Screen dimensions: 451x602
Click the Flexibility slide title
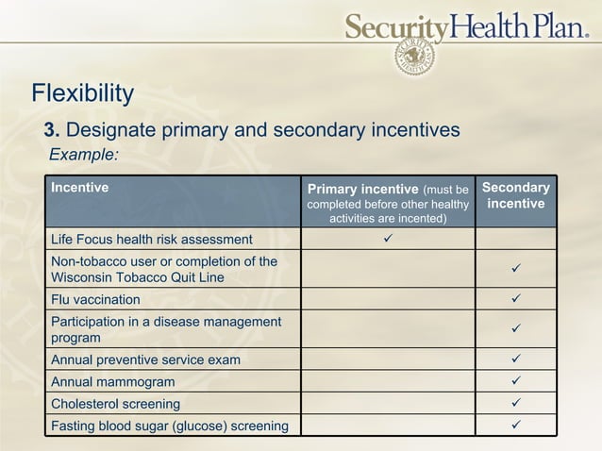[x=83, y=93]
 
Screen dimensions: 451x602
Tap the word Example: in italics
[x=84, y=154]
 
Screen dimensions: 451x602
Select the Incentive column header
[x=80, y=188]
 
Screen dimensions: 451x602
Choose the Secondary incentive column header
[x=516, y=195]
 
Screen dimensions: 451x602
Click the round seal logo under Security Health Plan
[x=414, y=56]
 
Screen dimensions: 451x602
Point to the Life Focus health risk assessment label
[x=152, y=240]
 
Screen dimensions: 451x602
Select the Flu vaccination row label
[x=95, y=300]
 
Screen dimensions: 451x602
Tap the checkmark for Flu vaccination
[x=516, y=299]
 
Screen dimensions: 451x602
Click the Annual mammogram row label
[x=113, y=382]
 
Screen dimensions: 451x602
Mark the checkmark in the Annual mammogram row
[x=516, y=381]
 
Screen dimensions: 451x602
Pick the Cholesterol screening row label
[x=116, y=404]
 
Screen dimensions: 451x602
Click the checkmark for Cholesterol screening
[x=516, y=403]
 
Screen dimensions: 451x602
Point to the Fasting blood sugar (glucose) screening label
[x=170, y=426]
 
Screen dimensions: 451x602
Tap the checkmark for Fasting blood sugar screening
[x=516, y=425]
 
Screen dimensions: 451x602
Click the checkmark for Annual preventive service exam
[x=516, y=359]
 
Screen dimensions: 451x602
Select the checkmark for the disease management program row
[x=516, y=329]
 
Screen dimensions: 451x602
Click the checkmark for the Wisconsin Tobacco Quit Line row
[x=516, y=270]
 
